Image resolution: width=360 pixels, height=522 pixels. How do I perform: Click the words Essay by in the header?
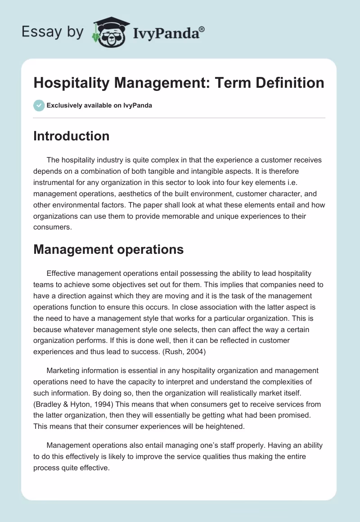click(x=53, y=32)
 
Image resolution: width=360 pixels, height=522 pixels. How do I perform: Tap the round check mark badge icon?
click(x=39, y=105)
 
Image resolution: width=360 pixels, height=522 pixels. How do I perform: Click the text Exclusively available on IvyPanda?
click(x=99, y=105)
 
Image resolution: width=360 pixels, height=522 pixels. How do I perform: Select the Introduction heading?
click(x=71, y=136)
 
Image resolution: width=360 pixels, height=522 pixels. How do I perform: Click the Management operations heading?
click(x=108, y=249)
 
